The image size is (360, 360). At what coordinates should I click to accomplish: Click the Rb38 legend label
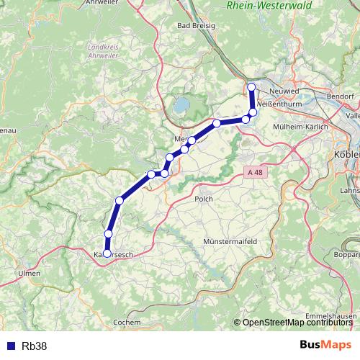[35, 346]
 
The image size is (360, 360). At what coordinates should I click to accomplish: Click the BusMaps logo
[325, 345]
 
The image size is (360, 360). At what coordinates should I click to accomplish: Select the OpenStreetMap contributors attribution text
[297, 323]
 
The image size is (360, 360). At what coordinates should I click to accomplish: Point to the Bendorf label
[340, 95]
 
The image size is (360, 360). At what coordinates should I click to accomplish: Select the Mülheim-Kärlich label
[301, 127]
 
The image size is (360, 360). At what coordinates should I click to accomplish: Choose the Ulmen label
[30, 274]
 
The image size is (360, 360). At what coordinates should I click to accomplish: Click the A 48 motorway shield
[253, 173]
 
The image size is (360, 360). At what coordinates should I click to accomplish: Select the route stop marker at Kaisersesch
[107, 253]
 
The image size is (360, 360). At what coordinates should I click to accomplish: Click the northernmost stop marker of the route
[251, 87]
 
